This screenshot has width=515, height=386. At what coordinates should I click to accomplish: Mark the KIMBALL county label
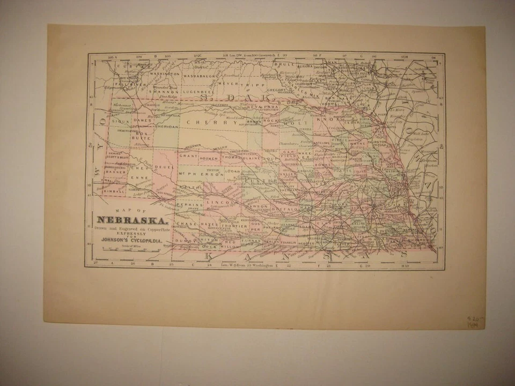click(x=114, y=191)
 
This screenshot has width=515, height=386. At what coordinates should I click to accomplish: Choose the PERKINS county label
click(x=191, y=205)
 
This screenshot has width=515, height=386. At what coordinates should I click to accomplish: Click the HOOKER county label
click(x=208, y=159)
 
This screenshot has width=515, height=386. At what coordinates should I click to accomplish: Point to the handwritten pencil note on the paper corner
click(x=475, y=321)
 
